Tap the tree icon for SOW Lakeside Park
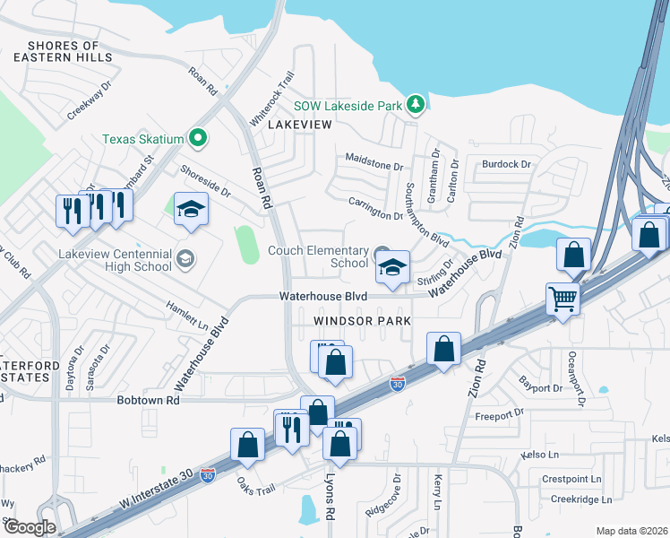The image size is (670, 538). pos(415,105)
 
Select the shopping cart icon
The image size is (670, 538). pos(563,299)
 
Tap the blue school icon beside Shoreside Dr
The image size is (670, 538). pos(190,209)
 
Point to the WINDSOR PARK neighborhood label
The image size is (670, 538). pos(362,320)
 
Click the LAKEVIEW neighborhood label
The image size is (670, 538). pos(300,126)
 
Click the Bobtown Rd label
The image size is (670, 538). pos(148,400)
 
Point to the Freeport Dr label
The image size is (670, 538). pos(499,415)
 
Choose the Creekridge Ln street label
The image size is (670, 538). pos(580,499)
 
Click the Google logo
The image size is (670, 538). pos(29,527)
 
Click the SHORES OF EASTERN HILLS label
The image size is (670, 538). pos(63,51)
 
